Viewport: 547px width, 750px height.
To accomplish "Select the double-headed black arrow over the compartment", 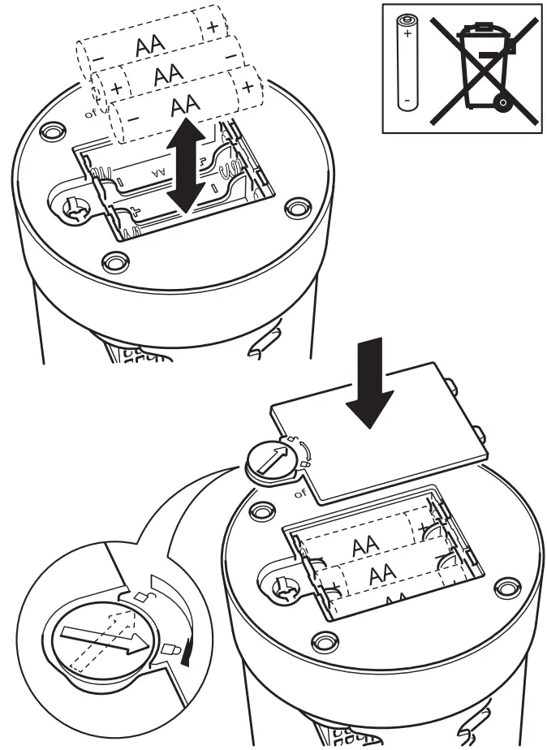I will click(187, 165).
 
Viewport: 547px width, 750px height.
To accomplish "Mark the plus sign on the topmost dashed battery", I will click(213, 27).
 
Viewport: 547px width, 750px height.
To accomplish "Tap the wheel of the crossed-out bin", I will click(504, 102).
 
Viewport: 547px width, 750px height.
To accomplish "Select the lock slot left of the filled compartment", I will click(283, 586).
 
